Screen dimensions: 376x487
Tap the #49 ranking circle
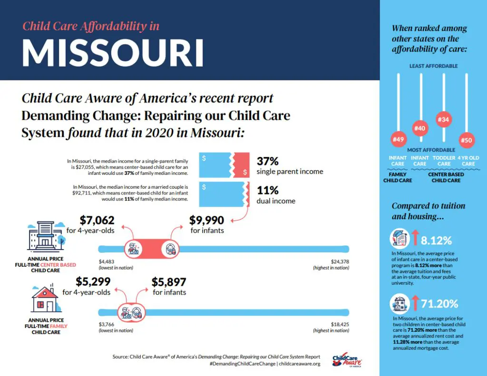click(398, 139)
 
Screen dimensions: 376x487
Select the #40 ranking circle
click(420, 128)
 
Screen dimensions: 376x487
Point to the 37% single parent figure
click(267, 161)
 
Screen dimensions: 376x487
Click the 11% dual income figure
click(267, 190)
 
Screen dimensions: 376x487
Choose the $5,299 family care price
click(93, 281)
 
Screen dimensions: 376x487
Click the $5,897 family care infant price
click(169, 281)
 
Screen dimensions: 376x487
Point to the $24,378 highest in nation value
click(340, 261)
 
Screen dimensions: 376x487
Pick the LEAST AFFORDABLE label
click(433, 66)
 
